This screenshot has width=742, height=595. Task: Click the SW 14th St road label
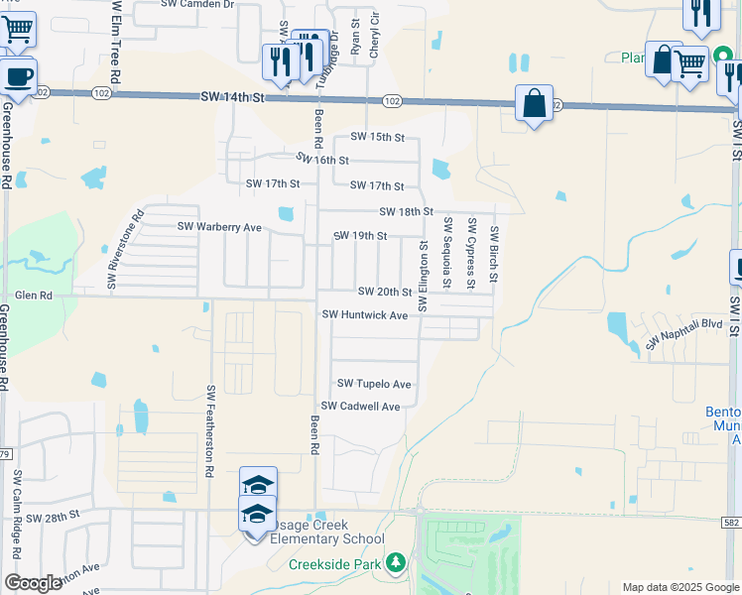(x=234, y=97)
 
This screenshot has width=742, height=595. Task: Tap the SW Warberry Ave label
(x=219, y=227)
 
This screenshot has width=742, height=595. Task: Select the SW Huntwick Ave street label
(x=365, y=315)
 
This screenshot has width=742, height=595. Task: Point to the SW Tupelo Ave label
(x=374, y=384)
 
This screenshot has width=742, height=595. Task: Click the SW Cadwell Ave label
(x=360, y=407)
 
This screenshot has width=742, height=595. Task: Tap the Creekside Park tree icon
(x=396, y=563)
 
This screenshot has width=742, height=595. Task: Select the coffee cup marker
(x=17, y=76)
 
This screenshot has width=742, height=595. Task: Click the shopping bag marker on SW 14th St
(x=534, y=103)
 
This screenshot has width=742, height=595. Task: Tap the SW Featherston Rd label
(x=210, y=431)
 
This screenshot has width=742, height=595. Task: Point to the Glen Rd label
(x=33, y=296)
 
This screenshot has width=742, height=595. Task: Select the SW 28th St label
(x=52, y=518)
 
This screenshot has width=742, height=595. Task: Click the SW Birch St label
(x=493, y=255)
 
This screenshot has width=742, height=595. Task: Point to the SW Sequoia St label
(x=447, y=253)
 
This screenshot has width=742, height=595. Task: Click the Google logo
(x=33, y=583)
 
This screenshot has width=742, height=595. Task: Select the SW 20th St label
(x=384, y=292)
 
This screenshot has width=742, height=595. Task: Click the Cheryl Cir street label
(x=375, y=35)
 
